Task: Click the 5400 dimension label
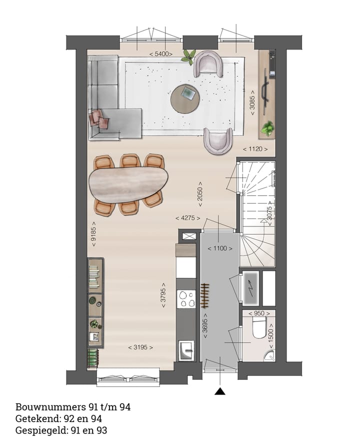[x=161, y=53]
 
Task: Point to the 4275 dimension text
[x=187, y=218]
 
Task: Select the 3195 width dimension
[x=140, y=347]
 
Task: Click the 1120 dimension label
[x=258, y=149]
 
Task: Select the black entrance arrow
[x=219, y=391]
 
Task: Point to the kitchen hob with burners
[x=186, y=299]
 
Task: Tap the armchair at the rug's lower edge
[x=218, y=140]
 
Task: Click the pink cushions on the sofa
[x=99, y=120]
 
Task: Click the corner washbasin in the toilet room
[x=269, y=355]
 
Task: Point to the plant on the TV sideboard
[x=268, y=128]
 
